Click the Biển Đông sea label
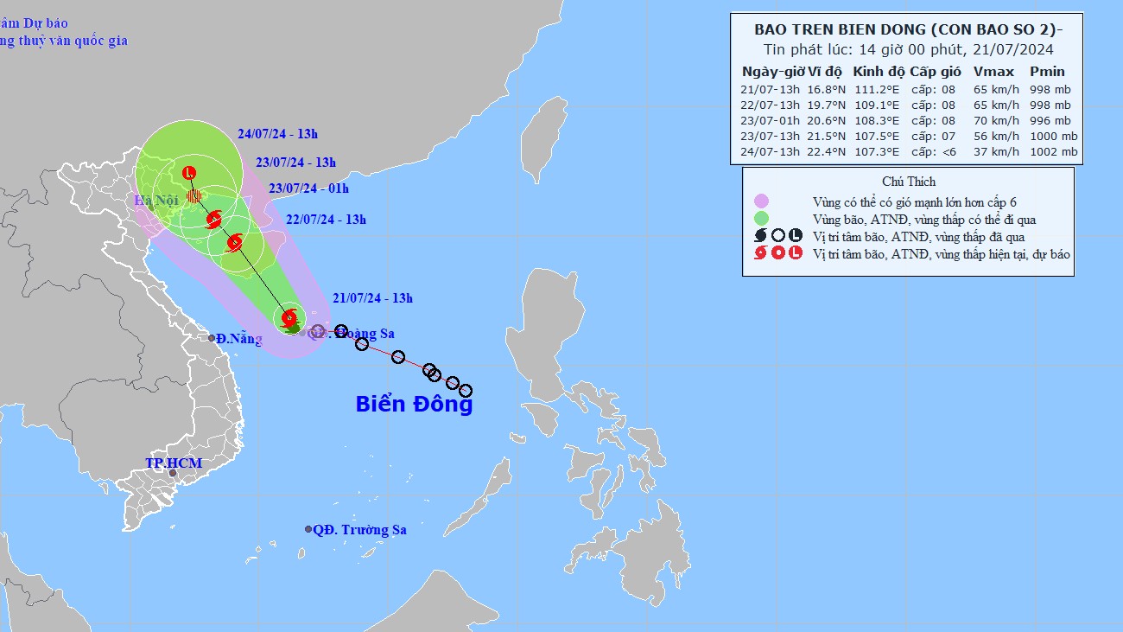[415, 404]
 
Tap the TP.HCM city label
[173, 463]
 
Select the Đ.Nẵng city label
[239, 339]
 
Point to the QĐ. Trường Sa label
[359, 530]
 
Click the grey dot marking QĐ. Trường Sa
[308, 529]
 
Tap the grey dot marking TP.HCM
[173, 473]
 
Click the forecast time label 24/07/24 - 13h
[277, 134]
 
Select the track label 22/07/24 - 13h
[326, 220]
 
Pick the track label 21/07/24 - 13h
[373, 299]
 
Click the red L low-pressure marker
[190, 173]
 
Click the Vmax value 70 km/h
[990, 121]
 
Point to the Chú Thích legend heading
[909, 182]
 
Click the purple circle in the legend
[761, 201]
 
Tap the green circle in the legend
[761, 219]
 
